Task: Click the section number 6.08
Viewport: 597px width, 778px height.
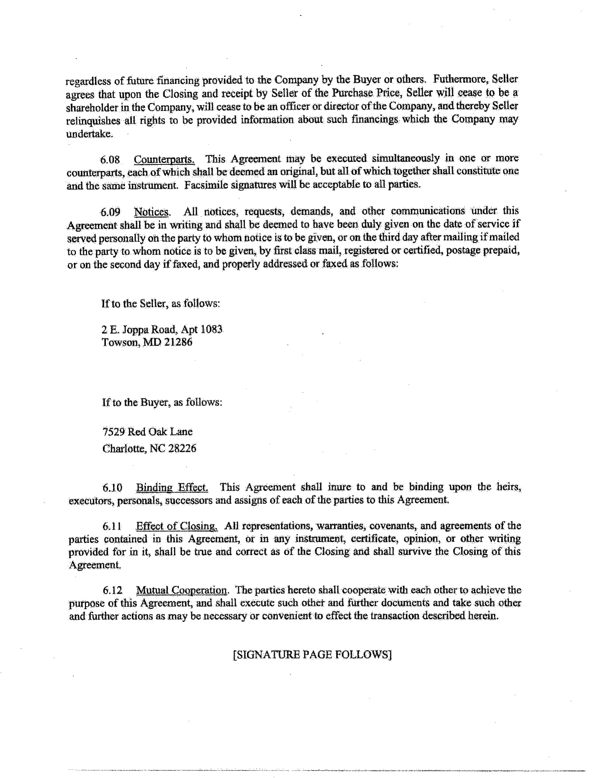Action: (x=110, y=160)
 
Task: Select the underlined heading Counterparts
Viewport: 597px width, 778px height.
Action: (x=164, y=159)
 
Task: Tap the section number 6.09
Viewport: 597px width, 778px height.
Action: (x=110, y=212)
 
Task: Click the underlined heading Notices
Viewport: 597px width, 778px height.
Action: (x=152, y=212)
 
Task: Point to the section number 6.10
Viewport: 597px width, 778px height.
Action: (x=112, y=488)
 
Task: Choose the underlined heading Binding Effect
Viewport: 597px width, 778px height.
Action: (x=172, y=488)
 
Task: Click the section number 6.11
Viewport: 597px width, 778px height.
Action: (x=112, y=527)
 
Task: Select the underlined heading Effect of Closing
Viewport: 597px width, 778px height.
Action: (x=177, y=526)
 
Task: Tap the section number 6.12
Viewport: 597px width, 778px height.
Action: (x=113, y=591)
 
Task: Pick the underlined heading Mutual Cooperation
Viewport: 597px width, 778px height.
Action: (x=181, y=590)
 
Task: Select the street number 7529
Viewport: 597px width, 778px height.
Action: (x=114, y=432)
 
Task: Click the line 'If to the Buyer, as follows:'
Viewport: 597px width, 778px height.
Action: (x=162, y=402)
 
